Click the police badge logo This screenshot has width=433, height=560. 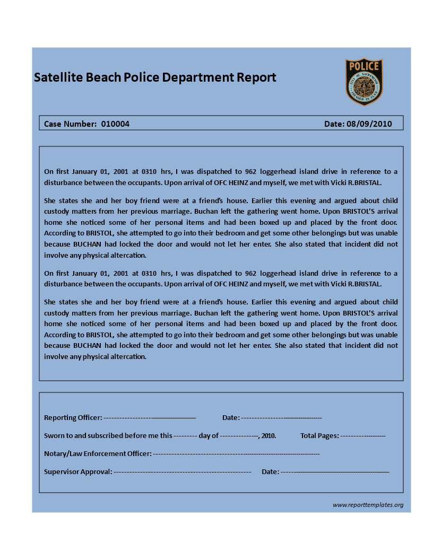[x=364, y=82]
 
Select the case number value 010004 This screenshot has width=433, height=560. [x=115, y=124]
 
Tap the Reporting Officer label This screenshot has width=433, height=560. [x=73, y=418]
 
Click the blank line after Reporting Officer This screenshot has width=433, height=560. [x=150, y=418]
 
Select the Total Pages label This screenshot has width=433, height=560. [x=319, y=436]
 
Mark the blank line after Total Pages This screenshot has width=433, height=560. [x=363, y=436]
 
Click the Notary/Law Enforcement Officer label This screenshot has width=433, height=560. [x=98, y=454]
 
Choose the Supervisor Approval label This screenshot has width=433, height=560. [x=78, y=471]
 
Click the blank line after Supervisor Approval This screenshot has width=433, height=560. [x=182, y=471]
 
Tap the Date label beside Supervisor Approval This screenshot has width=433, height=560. [x=270, y=471]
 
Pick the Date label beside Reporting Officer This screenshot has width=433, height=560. [x=231, y=418]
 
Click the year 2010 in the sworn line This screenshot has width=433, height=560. [x=268, y=436]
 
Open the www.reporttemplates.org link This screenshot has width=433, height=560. [x=368, y=505]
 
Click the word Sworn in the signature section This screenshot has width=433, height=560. [x=54, y=436]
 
